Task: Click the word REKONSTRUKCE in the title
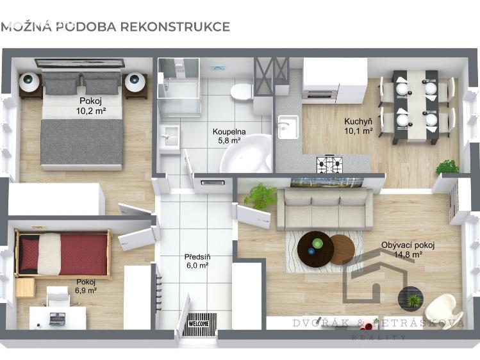tap(175, 27)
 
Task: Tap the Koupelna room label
tap(229, 132)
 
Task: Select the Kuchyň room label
tap(358, 122)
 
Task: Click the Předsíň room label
tap(197, 257)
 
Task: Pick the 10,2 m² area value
tap(91, 111)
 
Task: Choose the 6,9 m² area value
tap(86, 290)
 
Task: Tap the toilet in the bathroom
tap(242, 91)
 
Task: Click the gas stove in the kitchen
tap(329, 165)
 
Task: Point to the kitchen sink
tap(288, 127)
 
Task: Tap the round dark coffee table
tap(315, 249)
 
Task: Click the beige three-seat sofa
tap(325, 209)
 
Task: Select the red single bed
tap(63, 254)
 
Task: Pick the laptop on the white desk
tap(57, 319)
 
